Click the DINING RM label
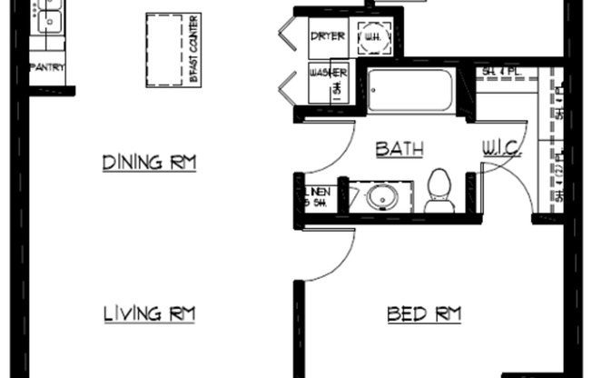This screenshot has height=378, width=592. pos(149,163)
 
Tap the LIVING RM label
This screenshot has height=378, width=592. pos(149,314)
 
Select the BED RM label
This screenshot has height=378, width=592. pos(424,314)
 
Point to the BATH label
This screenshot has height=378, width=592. pos(399,149)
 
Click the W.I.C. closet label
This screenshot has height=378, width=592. pos(502,148)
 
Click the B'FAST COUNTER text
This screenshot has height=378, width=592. pos(193,49)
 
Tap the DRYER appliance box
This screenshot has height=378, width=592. pos(327,37)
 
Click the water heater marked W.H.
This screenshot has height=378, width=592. pos(373,37)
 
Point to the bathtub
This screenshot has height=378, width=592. pos(409,90)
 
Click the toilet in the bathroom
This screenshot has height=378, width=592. pos(439,191)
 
